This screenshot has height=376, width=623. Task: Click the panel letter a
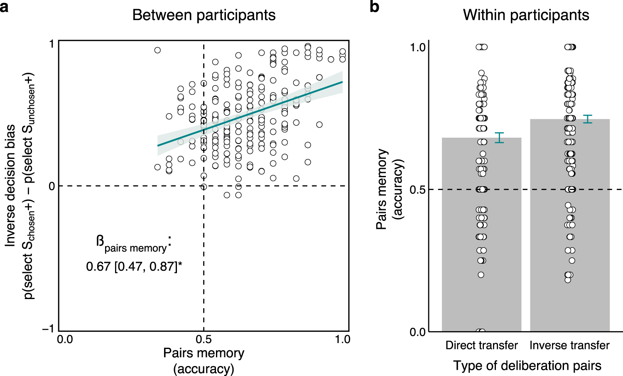pyautogui.click(x=5, y=7)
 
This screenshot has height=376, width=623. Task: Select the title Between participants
pyautogui.click(x=204, y=15)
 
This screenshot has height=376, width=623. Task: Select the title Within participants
pyautogui.click(x=526, y=15)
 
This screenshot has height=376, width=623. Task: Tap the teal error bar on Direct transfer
pyautogui.click(x=499, y=138)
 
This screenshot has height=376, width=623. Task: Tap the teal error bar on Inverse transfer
pyautogui.click(x=587, y=119)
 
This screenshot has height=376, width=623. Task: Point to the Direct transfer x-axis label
pyautogui.click(x=481, y=345)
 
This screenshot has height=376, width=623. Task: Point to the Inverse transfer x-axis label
pyautogui.click(x=569, y=345)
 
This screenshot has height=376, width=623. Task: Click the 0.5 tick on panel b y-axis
pyautogui.click(x=417, y=190)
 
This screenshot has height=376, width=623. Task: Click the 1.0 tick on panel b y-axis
pyautogui.click(x=417, y=47)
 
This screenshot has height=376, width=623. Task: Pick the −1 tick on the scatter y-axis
pyautogui.click(x=48, y=329)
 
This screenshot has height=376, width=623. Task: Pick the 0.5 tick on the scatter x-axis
pyautogui.click(x=204, y=339)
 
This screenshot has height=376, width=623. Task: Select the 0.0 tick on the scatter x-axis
pyautogui.click(x=65, y=339)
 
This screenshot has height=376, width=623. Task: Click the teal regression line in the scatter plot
pyautogui.click(x=249, y=114)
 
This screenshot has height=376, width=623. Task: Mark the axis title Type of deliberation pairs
pyautogui.click(x=527, y=366)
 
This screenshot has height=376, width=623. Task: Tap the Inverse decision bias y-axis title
pyautogui.click(x=11, y=185)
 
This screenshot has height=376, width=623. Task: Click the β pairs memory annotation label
pyautogui.click(x=133, y=243)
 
